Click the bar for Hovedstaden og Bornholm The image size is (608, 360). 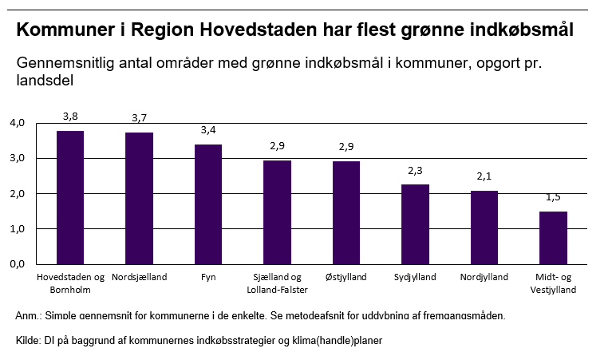pyautogui.click(x=70, y=197)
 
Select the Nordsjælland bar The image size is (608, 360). pyautogui.click(x=139, y=198)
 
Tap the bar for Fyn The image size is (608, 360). pyautogui.click(x=208, y=204)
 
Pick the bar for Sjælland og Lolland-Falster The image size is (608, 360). pyautogui.click(x=277, y=212)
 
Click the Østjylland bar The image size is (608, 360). pyautogui.click(x=346, y=212)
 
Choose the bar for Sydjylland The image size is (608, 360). pyautogui.click(x=415, y=224)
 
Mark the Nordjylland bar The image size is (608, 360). pyautogui.click(x=484, y=227)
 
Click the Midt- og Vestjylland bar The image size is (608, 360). pyautogui.click(x=553, y=237)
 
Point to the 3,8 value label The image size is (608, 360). pyautogui.click(x=70, y=116)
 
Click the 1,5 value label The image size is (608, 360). pyautogui.click(x=553, y=196)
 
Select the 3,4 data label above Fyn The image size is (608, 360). pyautogui.click(x=208, y=130)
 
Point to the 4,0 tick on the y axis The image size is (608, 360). pyautogui.click(x=18, y=123)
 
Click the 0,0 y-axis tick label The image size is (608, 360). pyautogui.click(x=18, y=264)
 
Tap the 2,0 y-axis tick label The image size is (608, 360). pyautogui.click(x=18, y=194)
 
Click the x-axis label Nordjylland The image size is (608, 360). pyautogui.click(x=484, y=278)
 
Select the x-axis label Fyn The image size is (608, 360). pyautogui.click(x=208, y=278)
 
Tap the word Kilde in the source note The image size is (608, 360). pyautogui.click(x=27, y=341)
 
